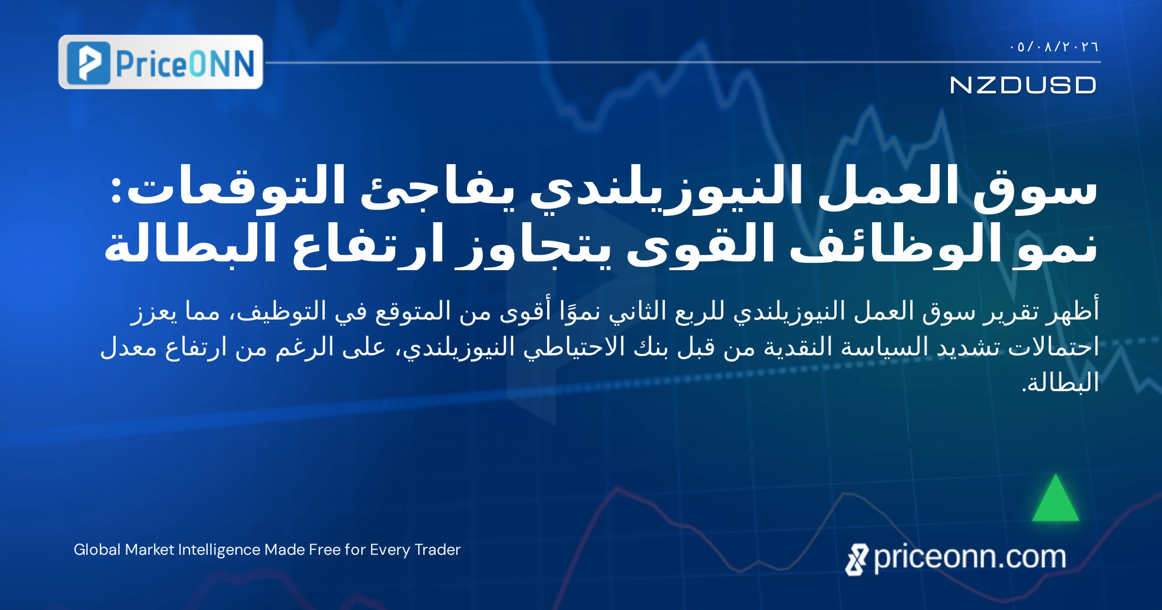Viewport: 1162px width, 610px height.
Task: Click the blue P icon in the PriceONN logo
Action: [x=89, y=63]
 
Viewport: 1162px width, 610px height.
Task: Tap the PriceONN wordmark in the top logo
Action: [x=185, y=63]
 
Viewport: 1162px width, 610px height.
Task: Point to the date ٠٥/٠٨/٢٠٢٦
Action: [x=1054, y=47]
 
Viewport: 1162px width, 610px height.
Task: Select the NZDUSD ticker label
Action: [x=1023, y=85]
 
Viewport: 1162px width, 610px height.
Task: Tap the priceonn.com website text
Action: [x=970, y=558]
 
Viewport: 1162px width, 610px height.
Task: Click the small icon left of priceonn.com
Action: [x=857, y=560]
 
